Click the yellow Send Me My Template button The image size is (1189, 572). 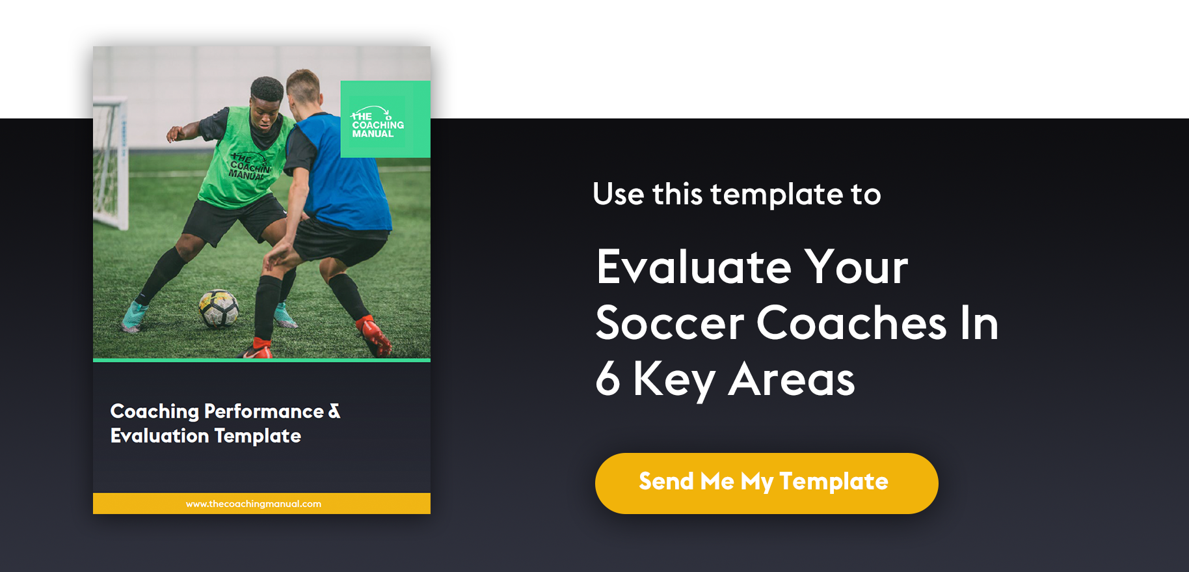tap(766, 483)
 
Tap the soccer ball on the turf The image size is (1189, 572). tap(219, 308)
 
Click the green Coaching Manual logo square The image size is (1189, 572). tap(385, 119)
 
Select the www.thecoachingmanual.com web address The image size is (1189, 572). tap(254, 504)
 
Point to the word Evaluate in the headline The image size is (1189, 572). tap(694, 267)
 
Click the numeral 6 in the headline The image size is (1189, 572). tap(608, 379)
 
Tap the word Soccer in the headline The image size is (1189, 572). tap(670, 323)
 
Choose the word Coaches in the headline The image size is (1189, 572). tap(851, 323)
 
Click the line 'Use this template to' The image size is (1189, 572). tap(737, 194)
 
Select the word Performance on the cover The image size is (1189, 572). tap(264, 411)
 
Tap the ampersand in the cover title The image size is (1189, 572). tap(334, 411)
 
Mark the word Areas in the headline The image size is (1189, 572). tap(792, 379)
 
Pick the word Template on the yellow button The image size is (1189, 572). tap(834, 482)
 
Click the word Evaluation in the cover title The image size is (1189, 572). tap(160, 435)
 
